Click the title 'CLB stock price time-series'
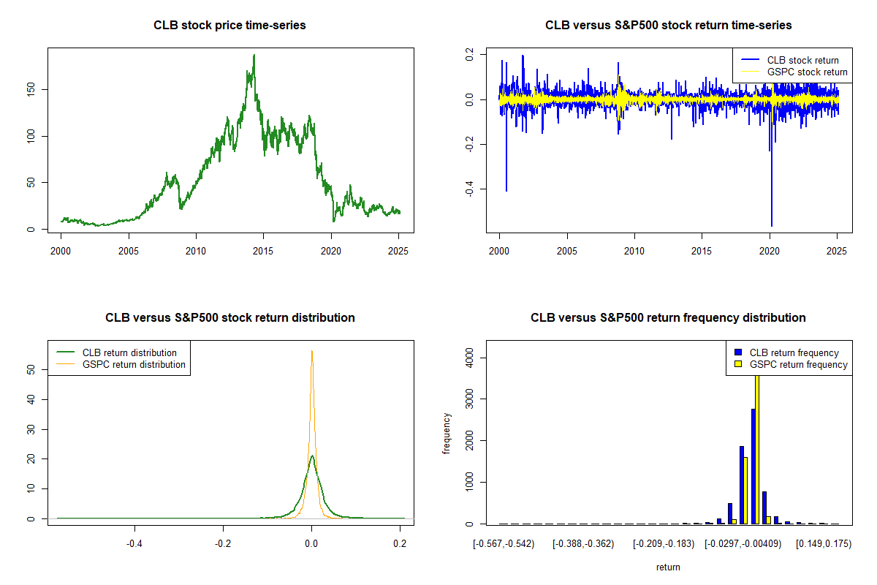(229, 26)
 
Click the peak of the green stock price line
(254, 55)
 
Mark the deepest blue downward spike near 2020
(772, 225)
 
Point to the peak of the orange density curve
(312, 351)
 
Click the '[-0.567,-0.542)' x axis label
(503, 545)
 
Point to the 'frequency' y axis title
(447, 434)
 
